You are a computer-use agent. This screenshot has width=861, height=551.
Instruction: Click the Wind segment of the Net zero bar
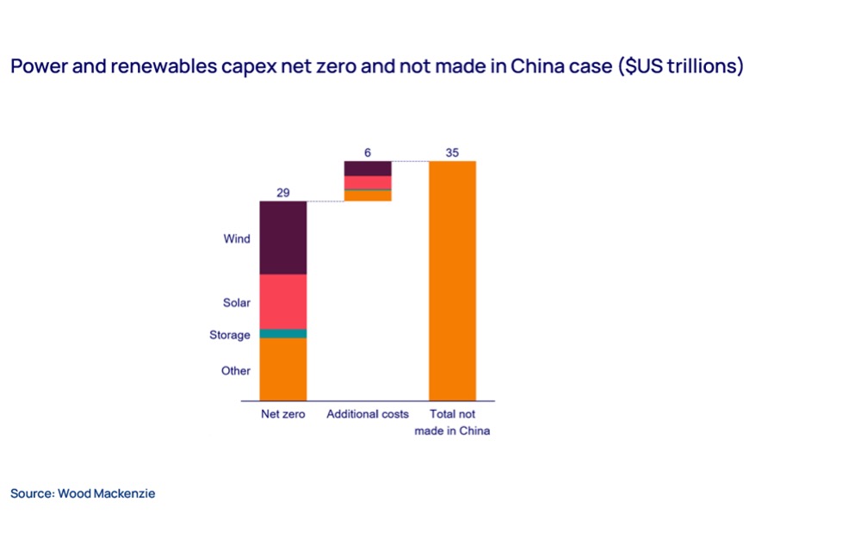tap(282, 238)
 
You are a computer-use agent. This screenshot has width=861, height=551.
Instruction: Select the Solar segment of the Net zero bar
tap(282, 302)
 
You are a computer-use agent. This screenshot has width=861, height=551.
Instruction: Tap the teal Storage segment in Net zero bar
tap(282, 334)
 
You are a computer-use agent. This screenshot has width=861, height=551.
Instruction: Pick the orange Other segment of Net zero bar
tap(282, 369)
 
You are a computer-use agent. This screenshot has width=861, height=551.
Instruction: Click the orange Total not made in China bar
tap(453, 281)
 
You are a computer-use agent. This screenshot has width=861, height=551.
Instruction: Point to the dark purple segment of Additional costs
tap(368, 169)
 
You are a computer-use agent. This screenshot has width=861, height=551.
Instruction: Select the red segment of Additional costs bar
tap(368, 183)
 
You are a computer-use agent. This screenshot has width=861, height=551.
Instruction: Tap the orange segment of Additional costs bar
tap(368, 196)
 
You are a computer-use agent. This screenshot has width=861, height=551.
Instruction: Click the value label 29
tap(282, 193)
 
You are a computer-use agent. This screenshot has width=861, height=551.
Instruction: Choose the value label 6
tap(368, 152)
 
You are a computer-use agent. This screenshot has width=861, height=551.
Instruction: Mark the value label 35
tap(453, 152)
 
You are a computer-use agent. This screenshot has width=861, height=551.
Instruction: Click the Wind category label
tap(237, 238)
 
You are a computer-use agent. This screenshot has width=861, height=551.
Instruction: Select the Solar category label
tap(237, 303)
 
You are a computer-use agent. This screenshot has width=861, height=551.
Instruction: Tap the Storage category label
tap(230, 335)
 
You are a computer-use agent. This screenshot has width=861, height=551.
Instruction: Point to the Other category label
tap(236, 371)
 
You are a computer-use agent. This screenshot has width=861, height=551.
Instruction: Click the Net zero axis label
tap(282, 414)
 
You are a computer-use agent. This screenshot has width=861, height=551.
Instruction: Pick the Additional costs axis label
tap(368, 414)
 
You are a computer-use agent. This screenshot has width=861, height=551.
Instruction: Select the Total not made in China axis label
tap(453, 423)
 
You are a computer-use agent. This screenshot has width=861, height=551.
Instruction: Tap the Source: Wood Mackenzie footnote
tap(83, 493)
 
